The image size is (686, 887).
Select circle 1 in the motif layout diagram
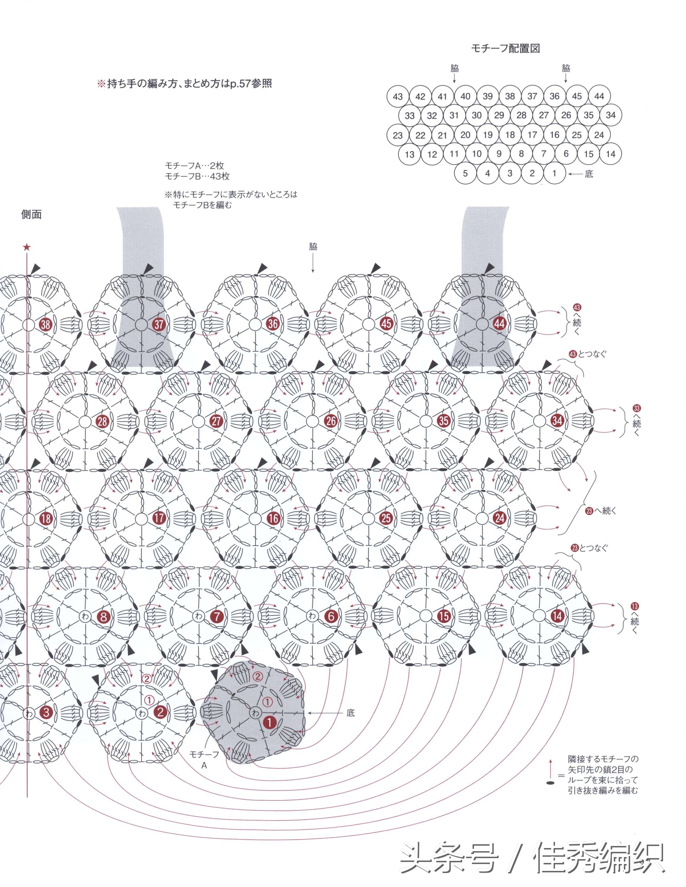point(554,173)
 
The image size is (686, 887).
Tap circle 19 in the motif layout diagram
point(488,135)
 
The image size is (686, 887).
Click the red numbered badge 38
point(46,324)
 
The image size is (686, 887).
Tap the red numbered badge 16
point(273,518)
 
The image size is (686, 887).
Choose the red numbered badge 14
point(557,616)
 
